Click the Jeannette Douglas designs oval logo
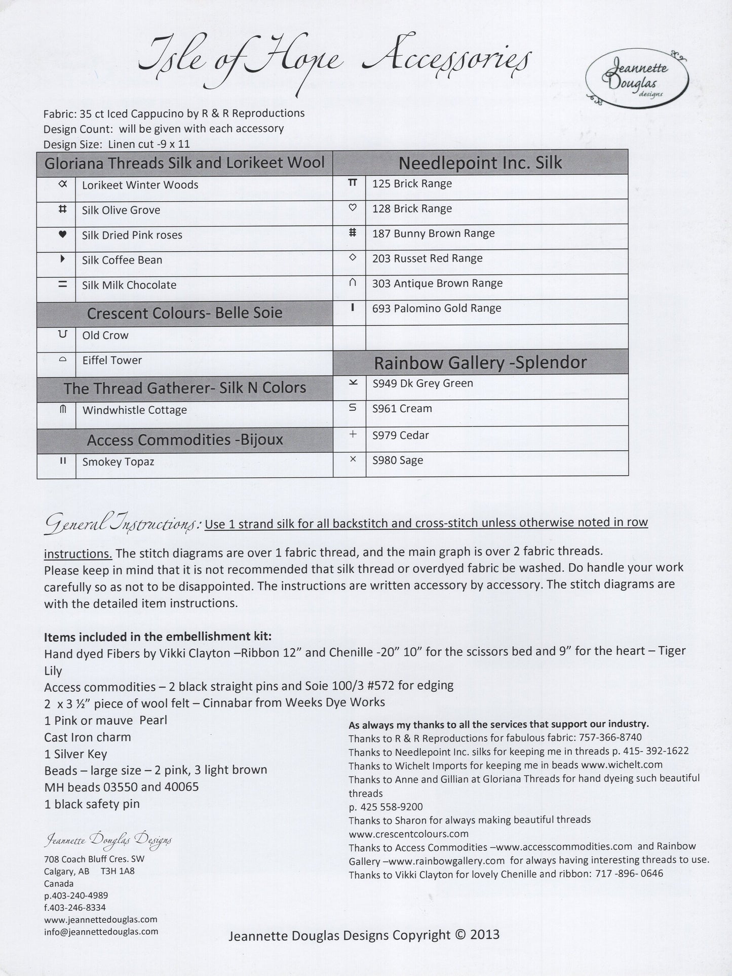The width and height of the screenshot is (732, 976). pos(637,79)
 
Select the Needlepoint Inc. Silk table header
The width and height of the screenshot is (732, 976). pos(480,163)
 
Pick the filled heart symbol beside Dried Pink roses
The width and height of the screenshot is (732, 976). pos(63,235)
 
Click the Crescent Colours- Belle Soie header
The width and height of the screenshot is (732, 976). pos(184,313)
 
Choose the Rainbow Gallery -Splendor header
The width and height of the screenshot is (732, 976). pos(480,363)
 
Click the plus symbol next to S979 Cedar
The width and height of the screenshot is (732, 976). pos(353,434)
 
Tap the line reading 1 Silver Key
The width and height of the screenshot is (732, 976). pos(75,754)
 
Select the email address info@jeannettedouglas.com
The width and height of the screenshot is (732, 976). pos(101,931)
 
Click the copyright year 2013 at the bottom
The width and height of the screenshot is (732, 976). pos(485,934)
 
